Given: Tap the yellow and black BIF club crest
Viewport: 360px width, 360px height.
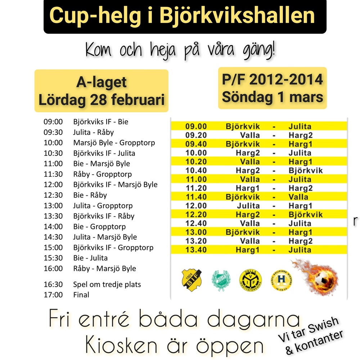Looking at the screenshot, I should point(192,279).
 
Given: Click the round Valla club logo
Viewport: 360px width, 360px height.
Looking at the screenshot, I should point(248,279).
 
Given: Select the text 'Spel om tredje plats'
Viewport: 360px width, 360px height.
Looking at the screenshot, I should point(107,284).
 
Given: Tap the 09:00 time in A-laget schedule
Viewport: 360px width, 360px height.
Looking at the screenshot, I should point(53,122).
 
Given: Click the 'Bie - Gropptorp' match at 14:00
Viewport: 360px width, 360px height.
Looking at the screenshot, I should point(99,227).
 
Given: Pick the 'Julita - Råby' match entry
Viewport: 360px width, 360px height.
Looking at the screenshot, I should point(93,132).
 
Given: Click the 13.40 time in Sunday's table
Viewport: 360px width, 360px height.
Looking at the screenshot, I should point(196,250).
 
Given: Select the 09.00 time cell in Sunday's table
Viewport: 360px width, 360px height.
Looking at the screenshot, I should point(196,126).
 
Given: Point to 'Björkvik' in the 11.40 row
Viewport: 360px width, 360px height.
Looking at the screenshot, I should point(243,197).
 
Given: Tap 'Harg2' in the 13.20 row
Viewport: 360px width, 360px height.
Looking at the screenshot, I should point(300,241).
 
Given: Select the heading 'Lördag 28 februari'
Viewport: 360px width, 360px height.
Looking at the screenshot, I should point(102,100).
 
